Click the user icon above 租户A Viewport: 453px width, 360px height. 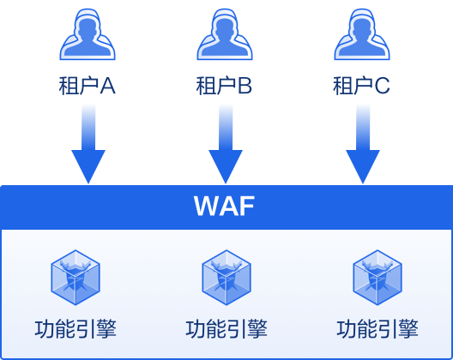88,34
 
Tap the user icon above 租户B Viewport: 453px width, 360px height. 225,34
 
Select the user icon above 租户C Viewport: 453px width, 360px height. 362,34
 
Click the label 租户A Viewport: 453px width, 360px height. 88,86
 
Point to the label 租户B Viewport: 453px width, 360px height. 224,86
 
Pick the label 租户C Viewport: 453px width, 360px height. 361,86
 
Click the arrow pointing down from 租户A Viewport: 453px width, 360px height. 88,144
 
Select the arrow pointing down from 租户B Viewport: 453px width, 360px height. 226,144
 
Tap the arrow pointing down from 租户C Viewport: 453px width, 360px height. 363,144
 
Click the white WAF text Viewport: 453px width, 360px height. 224,206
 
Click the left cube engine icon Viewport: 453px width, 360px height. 75,278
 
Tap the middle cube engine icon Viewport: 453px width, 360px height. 226,278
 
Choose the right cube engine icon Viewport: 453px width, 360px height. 377,278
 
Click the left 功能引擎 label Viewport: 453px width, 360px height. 75,329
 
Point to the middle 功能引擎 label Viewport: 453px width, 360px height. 226,329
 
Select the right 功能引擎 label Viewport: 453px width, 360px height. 377,329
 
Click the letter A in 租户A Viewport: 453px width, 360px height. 108,86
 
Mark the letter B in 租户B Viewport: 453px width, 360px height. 245,86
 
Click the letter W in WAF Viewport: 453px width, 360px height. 205,206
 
